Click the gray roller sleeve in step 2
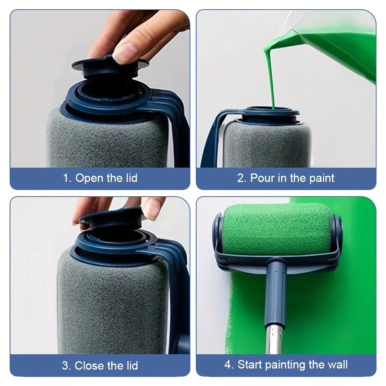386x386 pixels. click(x=266, y=145)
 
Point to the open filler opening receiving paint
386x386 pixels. click(x=272, y=111)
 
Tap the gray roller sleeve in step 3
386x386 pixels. click(x=112, y=305)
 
